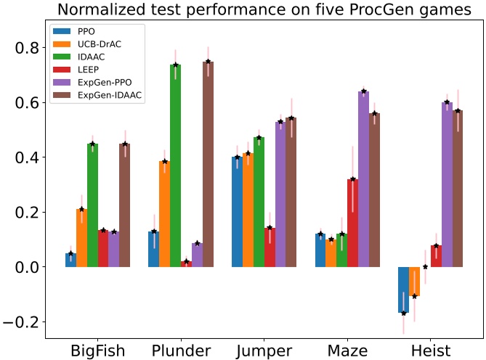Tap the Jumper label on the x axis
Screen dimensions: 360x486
point(264,351)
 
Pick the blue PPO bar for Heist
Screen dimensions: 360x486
point(403,290)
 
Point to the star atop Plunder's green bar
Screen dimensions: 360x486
point(176,65)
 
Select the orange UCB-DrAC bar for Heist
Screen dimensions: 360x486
point(414,282)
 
